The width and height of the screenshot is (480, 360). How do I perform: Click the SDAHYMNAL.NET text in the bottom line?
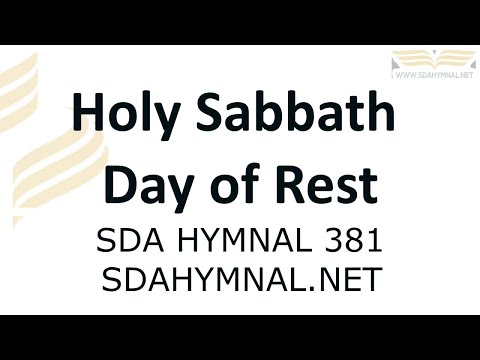(x=241, y=279)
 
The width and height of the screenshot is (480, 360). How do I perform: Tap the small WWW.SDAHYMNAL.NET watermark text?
(x=432, y=74)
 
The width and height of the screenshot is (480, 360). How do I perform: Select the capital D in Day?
(x=121, y=184)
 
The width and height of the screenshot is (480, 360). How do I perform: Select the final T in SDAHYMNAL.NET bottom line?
(x=372, y=279)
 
